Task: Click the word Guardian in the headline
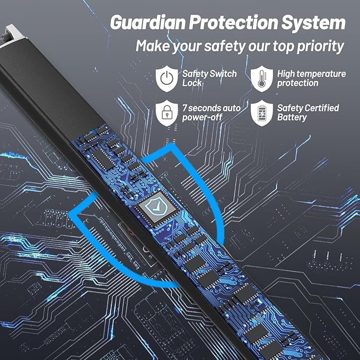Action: pos(148,22)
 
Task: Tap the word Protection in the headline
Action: pos(233,22)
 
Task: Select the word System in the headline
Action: pos(313,22)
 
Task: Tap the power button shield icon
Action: pos(166,78)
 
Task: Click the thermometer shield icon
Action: pos(262,78)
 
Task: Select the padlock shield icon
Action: pos(166,113)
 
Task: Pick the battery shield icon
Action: pos(262,113)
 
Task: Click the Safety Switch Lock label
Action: pos(209,78)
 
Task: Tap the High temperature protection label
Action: pos(311,78)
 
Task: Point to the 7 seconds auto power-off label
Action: pos(211,113)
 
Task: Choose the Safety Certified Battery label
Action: pos(308,113)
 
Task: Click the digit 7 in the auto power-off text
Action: pos(185,108)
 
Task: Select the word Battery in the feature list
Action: pos(292,117)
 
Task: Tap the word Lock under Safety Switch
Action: pos(192,83)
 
